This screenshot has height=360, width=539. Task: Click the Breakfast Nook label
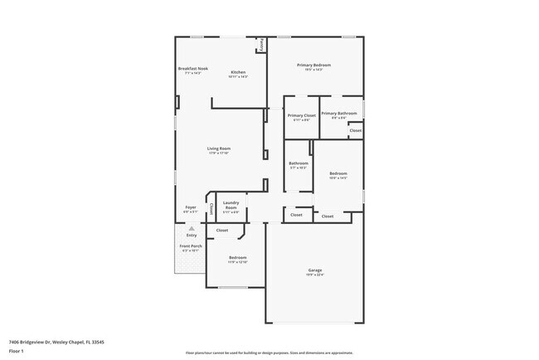[192, 68]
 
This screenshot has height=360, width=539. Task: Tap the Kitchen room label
[238, 72]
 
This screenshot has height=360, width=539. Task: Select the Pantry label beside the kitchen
[261, 43]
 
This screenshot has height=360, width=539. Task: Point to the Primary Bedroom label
[315, 65]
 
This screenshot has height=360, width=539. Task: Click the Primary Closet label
[302, 115]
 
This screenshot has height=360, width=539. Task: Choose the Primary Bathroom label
[339, 113]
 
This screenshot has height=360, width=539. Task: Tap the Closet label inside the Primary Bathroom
[355, 130]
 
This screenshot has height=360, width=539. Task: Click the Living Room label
[219, 148]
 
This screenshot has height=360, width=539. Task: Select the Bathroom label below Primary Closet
[299, 163]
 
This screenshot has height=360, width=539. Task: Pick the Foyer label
[191, 207]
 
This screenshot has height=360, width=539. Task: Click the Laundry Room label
[231, 205]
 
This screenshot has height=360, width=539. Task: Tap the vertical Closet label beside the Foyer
[211, 208]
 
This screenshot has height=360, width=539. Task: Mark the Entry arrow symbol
[192, 227]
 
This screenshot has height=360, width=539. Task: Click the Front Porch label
[191, 246]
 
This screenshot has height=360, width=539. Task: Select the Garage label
[315, 270]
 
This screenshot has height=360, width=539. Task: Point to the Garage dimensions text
[315, 275]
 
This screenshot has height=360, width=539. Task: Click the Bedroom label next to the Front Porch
[238, 258]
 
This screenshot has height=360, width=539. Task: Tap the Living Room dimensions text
[219, 153]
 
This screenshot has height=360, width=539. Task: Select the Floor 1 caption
[16, 351]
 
